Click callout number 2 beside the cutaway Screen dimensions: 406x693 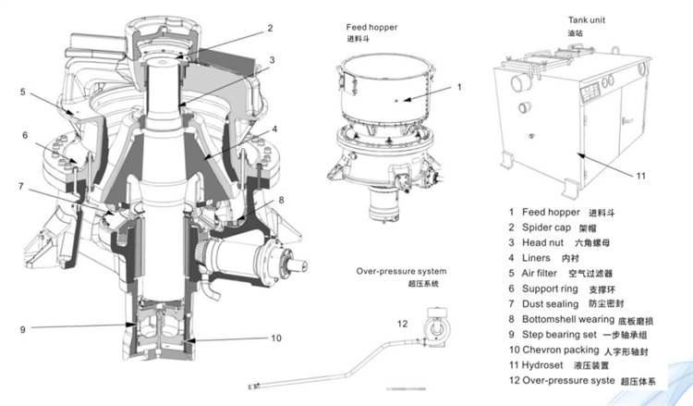(270, 28)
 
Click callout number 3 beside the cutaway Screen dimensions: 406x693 (272, 60)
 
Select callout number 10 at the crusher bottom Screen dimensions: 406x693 (275, 338)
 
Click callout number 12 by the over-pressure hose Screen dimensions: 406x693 (402, 324)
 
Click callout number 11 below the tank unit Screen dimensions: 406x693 (639, 175)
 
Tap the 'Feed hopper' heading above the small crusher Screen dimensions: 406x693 (371, 28)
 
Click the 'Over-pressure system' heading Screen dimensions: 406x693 (401, 271)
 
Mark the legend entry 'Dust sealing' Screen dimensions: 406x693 (551, 304)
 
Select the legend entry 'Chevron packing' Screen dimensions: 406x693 (560, 351)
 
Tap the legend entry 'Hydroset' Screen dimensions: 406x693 (545, 366)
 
